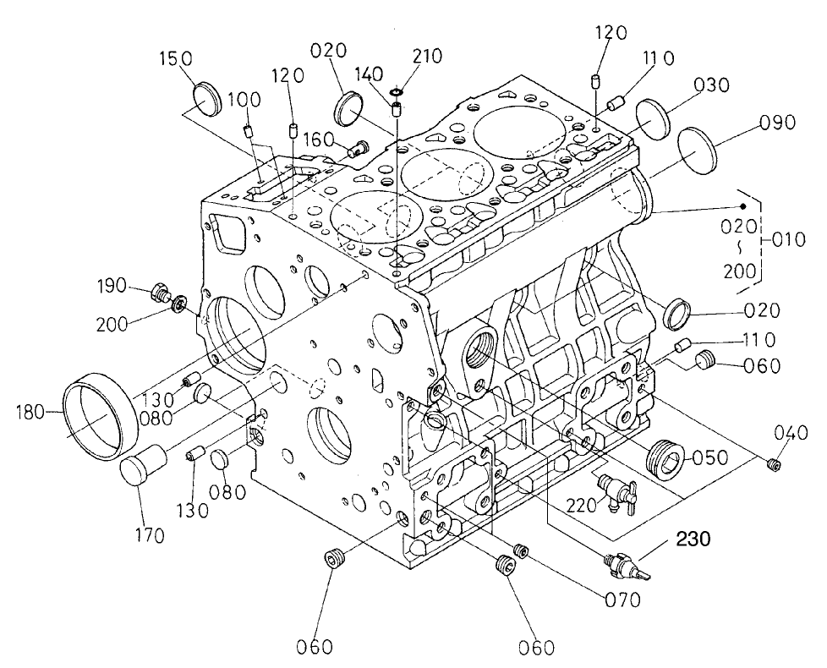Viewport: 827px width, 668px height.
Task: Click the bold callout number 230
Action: click(x=691, y=537)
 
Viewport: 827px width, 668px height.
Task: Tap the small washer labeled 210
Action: click(x=396, y=90)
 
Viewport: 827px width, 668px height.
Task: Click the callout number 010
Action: click(x=791, y=240)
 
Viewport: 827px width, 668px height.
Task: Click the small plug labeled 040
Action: click(x=771, y=463)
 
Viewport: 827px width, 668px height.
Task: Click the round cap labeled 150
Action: click(x=207, y=99)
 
